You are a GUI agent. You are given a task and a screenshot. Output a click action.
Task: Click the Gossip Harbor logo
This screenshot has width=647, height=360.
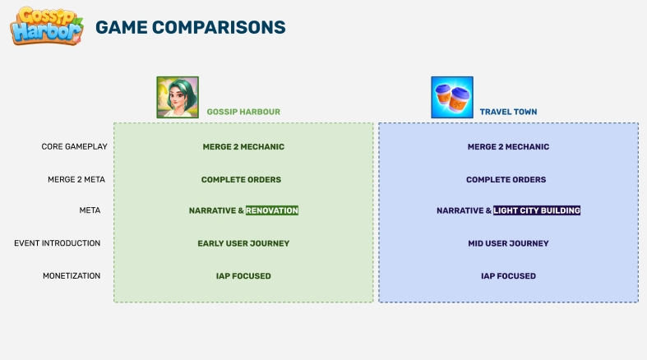47,25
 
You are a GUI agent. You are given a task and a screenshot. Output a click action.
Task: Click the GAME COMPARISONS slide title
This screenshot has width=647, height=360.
191,28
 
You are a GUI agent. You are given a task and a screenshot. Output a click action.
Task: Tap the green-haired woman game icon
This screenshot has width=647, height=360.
178,97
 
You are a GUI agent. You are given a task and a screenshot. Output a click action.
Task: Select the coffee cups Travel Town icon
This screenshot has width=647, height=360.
452,97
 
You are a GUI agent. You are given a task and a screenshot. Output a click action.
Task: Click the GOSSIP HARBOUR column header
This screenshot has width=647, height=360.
243,112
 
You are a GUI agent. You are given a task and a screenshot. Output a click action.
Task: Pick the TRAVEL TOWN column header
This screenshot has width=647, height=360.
508,112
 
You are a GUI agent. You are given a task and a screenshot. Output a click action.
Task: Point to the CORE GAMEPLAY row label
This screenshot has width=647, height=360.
74,147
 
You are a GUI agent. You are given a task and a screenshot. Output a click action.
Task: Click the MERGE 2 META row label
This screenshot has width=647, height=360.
76,179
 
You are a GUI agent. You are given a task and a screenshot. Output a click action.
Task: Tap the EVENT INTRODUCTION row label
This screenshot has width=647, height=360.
58,243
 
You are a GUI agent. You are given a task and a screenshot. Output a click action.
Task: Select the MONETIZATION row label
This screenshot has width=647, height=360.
72,276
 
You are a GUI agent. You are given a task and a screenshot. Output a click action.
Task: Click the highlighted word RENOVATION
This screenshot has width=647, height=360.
272,210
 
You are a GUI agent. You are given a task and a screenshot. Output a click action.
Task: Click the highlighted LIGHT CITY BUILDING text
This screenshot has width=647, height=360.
537,210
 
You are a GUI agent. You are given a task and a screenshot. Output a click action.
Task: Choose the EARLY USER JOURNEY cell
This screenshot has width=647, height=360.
243,243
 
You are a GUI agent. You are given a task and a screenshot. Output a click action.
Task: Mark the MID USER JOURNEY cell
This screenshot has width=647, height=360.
508,243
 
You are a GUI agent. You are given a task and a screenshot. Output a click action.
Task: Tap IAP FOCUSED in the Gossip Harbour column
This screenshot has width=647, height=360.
243,276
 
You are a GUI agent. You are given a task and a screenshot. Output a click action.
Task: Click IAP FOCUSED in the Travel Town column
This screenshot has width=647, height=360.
508,276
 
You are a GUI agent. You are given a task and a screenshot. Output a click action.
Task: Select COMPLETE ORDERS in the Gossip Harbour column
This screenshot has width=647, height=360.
242,179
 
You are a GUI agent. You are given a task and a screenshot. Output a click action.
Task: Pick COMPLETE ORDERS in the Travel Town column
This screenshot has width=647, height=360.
506,179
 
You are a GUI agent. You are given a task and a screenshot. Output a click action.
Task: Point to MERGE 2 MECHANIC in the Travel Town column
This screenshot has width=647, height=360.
508,147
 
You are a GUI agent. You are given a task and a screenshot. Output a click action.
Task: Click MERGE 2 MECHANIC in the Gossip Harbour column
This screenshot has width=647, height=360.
243,147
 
